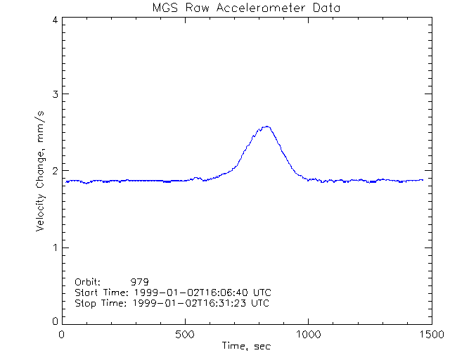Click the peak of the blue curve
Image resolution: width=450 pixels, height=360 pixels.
266,127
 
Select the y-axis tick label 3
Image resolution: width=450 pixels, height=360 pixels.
54,94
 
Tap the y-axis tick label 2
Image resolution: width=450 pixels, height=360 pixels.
54,171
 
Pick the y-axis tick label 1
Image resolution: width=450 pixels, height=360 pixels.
54,247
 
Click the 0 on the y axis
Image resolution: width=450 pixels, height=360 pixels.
54,321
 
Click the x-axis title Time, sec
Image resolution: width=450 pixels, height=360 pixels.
246,346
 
